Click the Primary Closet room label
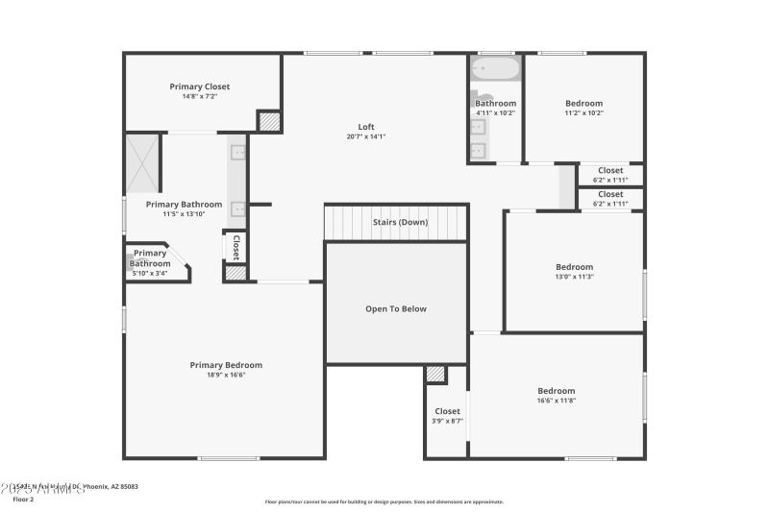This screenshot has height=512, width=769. tap(200, 86)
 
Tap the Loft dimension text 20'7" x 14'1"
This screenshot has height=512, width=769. tap(366, 137)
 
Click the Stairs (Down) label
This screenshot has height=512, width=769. tap(400, 223)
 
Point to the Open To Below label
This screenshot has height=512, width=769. tap(395, 309)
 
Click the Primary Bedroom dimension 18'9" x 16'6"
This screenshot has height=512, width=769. tap(226, 376)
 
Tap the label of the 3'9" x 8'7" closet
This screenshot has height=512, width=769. tap(447, 411)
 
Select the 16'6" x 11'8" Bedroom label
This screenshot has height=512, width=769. tap(556, 391)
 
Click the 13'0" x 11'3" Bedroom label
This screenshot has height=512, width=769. tap(574, 267)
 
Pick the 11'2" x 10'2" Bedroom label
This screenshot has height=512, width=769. tap(583, 104)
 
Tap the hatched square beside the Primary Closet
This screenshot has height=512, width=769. tap(269, 121)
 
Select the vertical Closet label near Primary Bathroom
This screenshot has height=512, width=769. tap(236, 247)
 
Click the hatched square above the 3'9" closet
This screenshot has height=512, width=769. tap(435, 375)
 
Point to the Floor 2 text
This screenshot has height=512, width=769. tap(23, 500)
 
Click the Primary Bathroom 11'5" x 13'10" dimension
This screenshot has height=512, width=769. tap(184, 214)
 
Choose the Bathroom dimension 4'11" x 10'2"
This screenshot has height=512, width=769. tap(495, 113)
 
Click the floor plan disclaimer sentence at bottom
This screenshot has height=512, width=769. tap(384, 501)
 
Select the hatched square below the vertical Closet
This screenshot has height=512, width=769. tap(236, 273)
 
